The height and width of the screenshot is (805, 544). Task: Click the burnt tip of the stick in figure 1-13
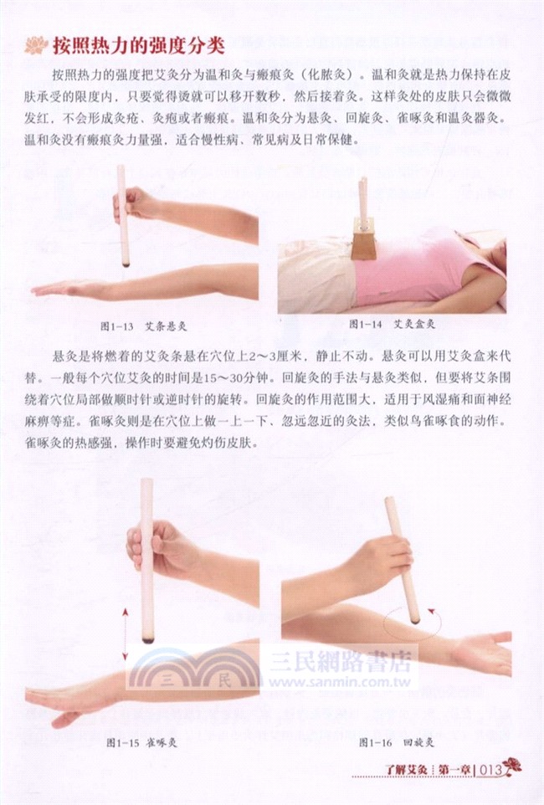coord(126,263)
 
